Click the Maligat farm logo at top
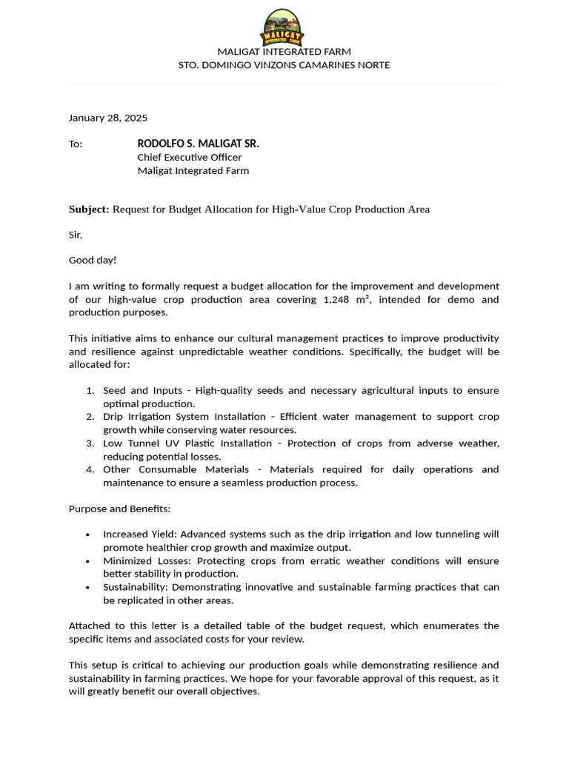(x=282, y=27)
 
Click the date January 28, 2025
(x=108, y=118)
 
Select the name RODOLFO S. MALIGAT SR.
(x=198, y=144)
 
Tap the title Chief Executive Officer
(x=189, y=157)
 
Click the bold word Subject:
(x=89, y=209)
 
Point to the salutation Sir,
(x=76, y=235)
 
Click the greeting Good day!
(x=93, y=260)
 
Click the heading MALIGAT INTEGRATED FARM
(x=284, y=52)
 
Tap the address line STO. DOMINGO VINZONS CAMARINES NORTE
(x=284, y=65)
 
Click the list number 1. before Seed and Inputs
(x=90, y=390)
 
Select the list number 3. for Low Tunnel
(x=90, y=443)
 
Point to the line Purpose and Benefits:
(x=119, y=509)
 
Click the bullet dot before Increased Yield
(x=88, y=534)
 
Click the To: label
(x=76, y=144)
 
